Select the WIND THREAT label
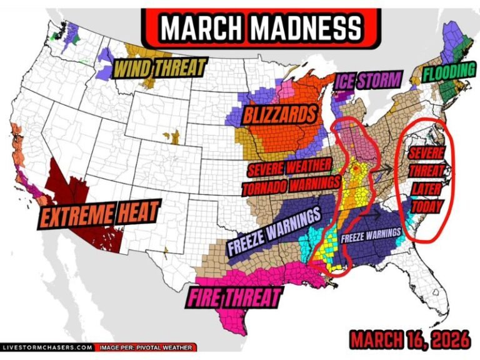click(x=159, y=68)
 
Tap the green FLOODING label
click(x=448, y=72)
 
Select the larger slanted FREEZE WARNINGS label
click(x=274, y=232)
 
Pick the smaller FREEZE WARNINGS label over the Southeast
click(x=371, y=236)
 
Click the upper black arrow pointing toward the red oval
click(x=387, y=167)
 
